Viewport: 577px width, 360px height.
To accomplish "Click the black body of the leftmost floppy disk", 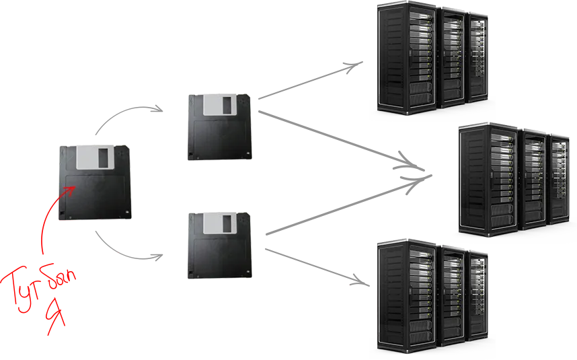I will [x=98, y=195].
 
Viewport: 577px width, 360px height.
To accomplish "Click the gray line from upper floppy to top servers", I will [x=309, y=81].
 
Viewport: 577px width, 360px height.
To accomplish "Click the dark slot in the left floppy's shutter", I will [x=103, y=158].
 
